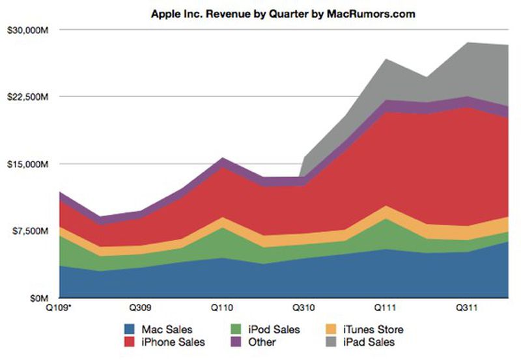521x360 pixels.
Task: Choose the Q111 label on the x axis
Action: coord(387,307)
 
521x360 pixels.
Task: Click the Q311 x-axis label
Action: coord(468,307)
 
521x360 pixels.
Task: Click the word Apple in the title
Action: coord(165,13)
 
